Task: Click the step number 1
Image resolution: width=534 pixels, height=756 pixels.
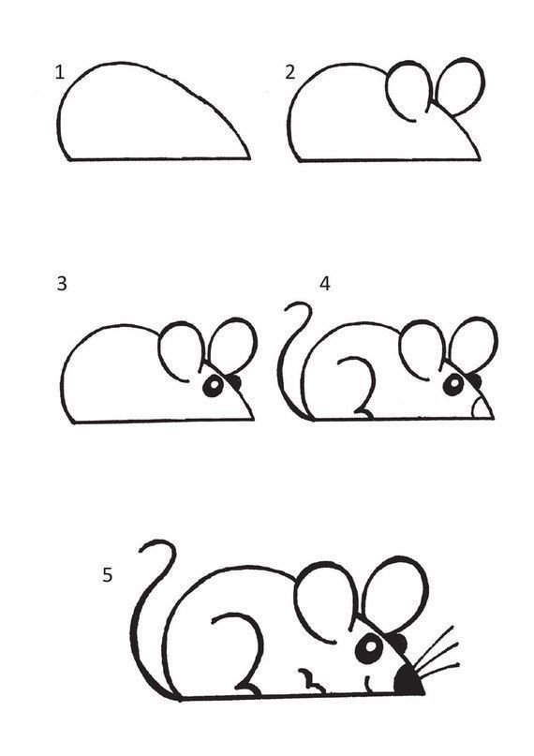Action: (60, 73)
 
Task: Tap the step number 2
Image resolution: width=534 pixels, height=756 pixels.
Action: (289, 72)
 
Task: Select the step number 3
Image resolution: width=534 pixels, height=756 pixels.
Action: (62, 284)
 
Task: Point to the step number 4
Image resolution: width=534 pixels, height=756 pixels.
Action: (325, 284)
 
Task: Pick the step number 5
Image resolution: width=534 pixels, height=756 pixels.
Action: (107, 574)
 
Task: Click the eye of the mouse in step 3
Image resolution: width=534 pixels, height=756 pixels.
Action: (213, 386)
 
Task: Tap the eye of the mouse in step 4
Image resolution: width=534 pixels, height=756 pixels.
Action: (453, 385)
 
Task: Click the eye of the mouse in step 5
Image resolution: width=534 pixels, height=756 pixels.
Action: (369, 648)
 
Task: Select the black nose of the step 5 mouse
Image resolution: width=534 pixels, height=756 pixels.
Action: (408, 681)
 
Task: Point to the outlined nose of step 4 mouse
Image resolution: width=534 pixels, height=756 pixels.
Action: (482, 408)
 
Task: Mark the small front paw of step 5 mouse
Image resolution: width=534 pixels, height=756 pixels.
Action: (311, 680)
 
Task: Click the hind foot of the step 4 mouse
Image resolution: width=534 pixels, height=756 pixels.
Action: (363, 413)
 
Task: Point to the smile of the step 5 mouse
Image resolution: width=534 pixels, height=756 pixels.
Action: (369, 685)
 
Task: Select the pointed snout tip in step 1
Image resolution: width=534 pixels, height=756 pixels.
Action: (249, 157)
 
